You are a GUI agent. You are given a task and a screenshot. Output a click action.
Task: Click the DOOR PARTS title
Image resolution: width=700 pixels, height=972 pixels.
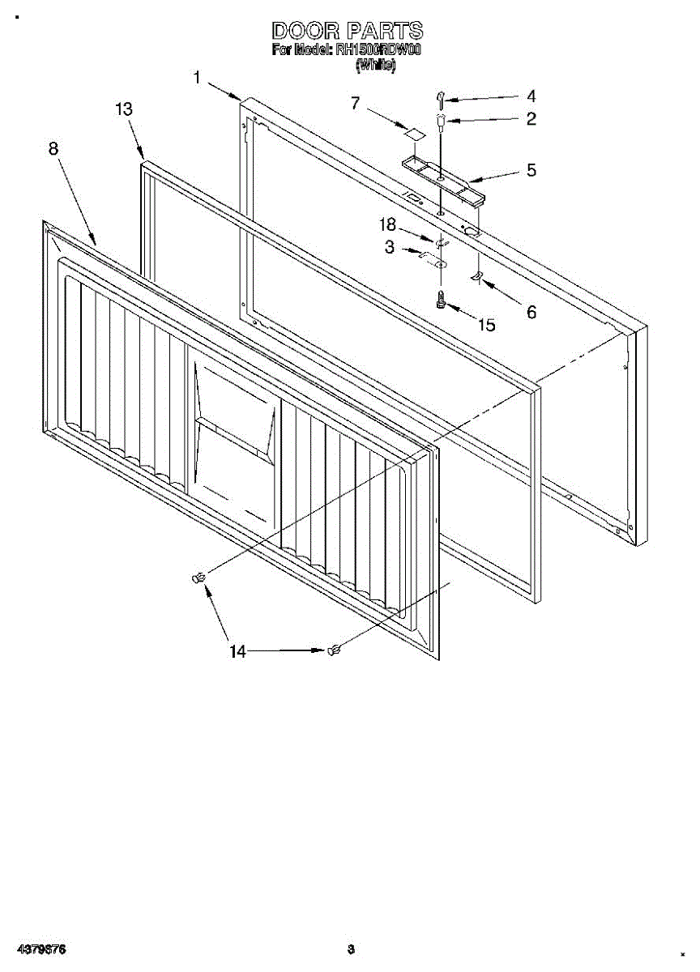pos(347,31)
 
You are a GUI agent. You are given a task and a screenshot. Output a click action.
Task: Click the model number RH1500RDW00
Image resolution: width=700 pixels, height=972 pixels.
pos(380,50)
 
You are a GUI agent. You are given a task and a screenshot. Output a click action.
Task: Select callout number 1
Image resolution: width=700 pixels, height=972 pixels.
pos(197,78)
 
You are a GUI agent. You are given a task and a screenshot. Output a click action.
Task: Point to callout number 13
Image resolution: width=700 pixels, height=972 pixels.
pos(124,109)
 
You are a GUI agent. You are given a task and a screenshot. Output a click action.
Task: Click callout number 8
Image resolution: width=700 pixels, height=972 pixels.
pos(53,148)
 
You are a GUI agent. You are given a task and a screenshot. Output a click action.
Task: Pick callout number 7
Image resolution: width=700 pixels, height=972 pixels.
pos(355,103)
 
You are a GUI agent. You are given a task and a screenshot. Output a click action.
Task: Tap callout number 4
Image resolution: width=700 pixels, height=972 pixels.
pos(531,96)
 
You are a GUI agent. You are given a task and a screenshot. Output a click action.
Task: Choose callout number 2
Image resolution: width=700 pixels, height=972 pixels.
pos(531,119)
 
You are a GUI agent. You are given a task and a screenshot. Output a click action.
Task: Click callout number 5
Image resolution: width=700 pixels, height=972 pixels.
pos(531,170)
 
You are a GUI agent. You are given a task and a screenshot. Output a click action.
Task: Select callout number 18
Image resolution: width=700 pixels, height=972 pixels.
pos(389,225)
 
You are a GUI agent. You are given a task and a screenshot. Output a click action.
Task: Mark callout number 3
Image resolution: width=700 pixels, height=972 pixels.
pos(389,248)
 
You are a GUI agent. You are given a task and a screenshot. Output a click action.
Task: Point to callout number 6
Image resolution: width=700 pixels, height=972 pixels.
pos(531,311)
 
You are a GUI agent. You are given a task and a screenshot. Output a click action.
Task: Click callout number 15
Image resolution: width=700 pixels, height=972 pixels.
pos(486,325)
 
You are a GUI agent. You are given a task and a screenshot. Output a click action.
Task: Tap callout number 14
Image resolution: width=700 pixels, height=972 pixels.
pos(237,650)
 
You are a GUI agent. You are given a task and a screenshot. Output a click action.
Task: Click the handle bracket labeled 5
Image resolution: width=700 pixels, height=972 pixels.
pos(442,178)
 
